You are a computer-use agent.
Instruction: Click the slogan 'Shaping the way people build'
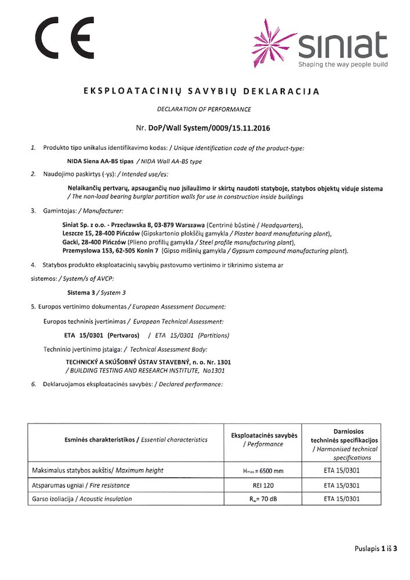[343, 64]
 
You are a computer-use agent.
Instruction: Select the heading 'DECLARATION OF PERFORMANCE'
[204, 109]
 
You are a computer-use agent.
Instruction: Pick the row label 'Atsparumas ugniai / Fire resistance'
[80, 485]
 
